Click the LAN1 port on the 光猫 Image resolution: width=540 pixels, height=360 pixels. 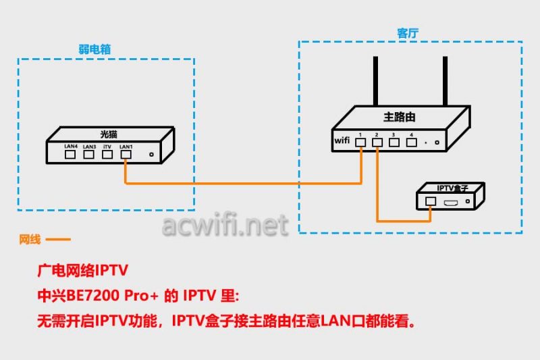pyautogui.click(x=125, y=154)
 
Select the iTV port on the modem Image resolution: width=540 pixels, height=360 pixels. pyautogui.click(x=107, y=154)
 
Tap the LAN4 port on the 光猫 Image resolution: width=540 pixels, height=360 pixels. pyautogui.click(x=70, y=154)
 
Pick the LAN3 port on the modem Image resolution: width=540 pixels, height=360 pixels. pyautogui.click(x=88, y=154)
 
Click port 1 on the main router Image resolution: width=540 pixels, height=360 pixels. pyautogui.click(x=362, y=142)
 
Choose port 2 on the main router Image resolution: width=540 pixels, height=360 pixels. pyautogui.click(x=377, y=142)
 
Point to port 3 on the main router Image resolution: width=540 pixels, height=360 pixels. pyautogui.click(x=394, y=142)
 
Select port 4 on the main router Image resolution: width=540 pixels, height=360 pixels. pyautogui.click(x=410, y=142)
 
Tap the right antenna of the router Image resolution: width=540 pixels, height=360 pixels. pyautogui.click(x=446, y=81)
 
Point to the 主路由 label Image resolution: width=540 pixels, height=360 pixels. pyautogui.click(x=399, y=117)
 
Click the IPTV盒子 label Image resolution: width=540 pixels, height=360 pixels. pyautogui.click(x=452, y=188)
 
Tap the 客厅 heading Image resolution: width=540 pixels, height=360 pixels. pyautogui.click(x=408, y=32)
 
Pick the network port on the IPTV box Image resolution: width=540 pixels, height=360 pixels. pyautogui.click(x=431, y=201)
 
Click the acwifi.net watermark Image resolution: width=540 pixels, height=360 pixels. pyautogui.click(x=225, y=225)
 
